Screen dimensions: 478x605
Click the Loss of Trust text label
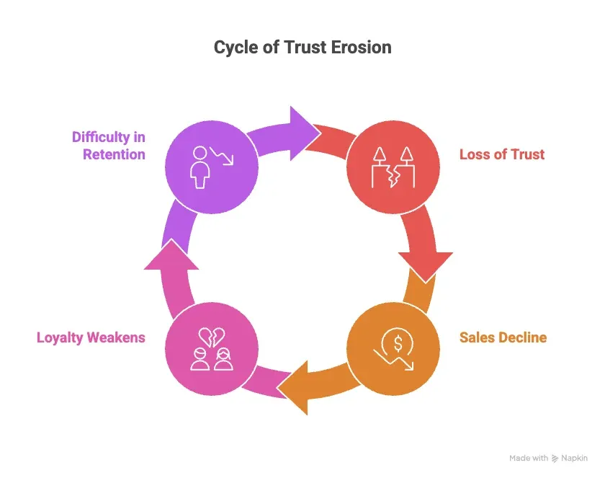coord(502,154)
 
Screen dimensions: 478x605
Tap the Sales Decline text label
coord(503,337)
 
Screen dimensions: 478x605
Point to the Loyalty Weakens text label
coord(91,337)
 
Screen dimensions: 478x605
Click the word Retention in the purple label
coord(114,154)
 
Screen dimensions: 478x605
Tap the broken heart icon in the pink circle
coord(211,337)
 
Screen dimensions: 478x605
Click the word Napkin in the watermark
coord(575,458)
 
